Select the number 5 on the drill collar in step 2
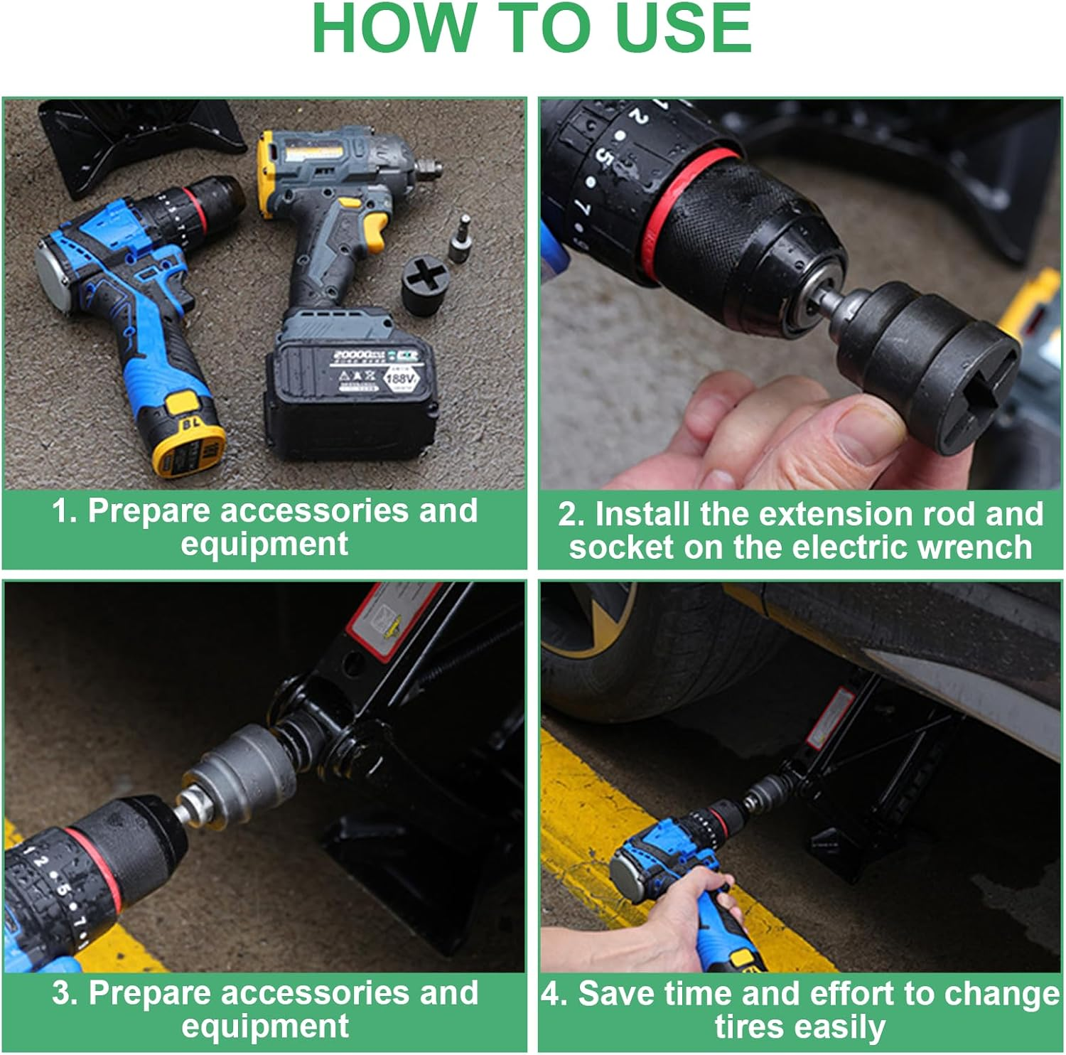(x=603, y=158)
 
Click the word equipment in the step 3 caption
(x=264, y=1026)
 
